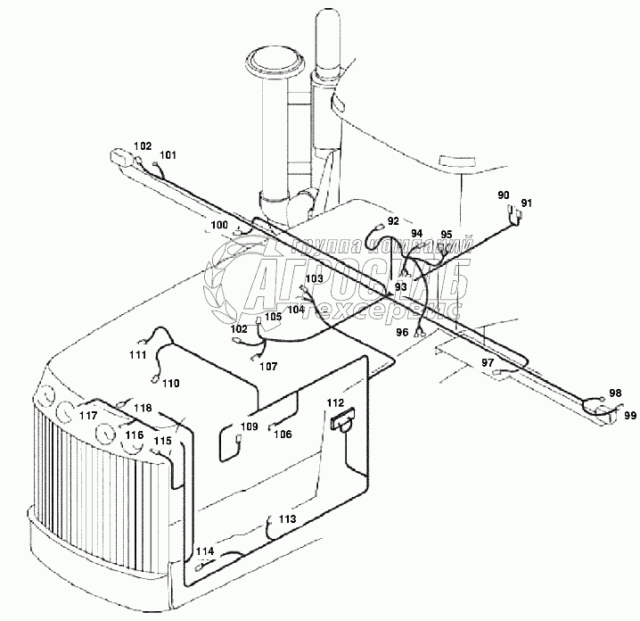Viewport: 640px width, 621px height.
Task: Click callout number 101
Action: tap(168, 155)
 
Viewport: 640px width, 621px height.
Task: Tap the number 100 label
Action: tap(218, 224)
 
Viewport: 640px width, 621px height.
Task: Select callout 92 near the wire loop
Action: tap(393, 220)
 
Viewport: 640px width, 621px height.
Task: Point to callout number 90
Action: tap(504, 195)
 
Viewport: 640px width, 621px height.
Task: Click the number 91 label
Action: tap(527, 203)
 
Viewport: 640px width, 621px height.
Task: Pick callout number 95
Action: tap(447, 234)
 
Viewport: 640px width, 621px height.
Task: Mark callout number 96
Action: tap(402, 331)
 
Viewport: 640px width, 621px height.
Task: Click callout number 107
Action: tap(268, 366)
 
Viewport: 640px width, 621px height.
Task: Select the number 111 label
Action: tap(136, 355)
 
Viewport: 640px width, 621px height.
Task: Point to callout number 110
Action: tap(170, 383)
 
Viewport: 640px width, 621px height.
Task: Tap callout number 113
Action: tap(286, 518)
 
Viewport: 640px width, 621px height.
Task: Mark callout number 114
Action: tap(205, 551)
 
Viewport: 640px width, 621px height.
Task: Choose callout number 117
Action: tap(88, 415)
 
